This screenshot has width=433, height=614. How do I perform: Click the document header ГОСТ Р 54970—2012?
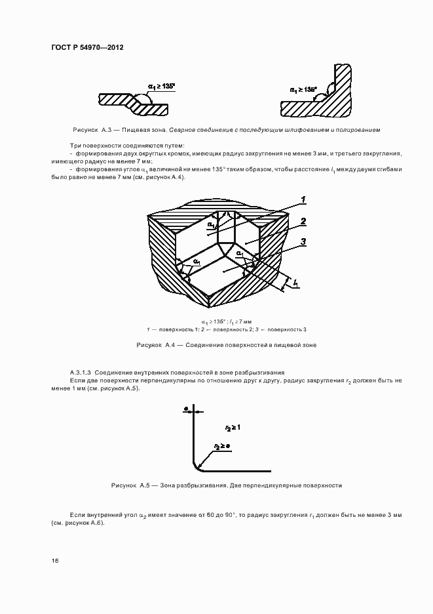point(87,47)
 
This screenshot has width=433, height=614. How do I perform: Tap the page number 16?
point(55,561)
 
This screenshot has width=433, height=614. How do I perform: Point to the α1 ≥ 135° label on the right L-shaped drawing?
point(303,90)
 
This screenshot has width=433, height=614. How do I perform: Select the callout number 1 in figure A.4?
point(303,200)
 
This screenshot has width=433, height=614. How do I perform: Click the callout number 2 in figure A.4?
point(303,222)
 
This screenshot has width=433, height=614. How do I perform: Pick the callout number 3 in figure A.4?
point(303,243)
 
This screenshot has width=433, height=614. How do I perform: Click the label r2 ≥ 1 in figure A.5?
point(233,428)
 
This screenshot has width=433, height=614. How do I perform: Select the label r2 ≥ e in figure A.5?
point(222,447)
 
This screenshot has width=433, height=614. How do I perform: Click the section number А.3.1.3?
point(81,373)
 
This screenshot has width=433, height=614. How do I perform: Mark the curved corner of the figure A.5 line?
point(197,466)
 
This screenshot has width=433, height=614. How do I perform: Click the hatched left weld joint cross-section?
point(134,104)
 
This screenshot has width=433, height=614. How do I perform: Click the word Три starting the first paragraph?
point(75,145)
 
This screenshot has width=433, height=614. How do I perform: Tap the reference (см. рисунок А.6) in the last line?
point(78,523)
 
